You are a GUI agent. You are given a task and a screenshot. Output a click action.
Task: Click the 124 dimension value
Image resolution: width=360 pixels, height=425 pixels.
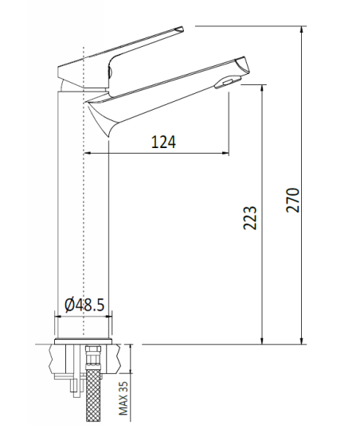click(x=163, y=142)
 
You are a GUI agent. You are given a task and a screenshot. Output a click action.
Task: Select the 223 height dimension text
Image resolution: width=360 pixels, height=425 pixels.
click(x=249, y=218)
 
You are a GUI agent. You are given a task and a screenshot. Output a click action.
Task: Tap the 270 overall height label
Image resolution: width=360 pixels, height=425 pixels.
click(x=293, y=200)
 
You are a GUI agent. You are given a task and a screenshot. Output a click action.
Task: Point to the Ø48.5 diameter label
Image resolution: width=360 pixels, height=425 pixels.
click(x=84, y=305)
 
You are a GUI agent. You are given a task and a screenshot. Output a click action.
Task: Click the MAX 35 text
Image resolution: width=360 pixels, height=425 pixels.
click(x=123, y=398)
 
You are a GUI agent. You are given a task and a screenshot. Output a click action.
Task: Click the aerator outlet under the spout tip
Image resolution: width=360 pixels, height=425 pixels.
click(x=228, y=82)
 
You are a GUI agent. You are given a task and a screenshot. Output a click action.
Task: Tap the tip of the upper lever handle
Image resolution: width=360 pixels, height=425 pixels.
click(x=183, y=27)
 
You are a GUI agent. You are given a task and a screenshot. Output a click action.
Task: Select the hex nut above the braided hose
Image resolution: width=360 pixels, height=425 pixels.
click(x=93, y=357)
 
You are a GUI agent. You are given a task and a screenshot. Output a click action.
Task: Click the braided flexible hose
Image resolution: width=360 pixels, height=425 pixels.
click(x=93, y=396)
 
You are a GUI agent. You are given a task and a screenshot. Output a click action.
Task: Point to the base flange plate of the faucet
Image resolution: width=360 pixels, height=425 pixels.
click(x=84, y=341)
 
